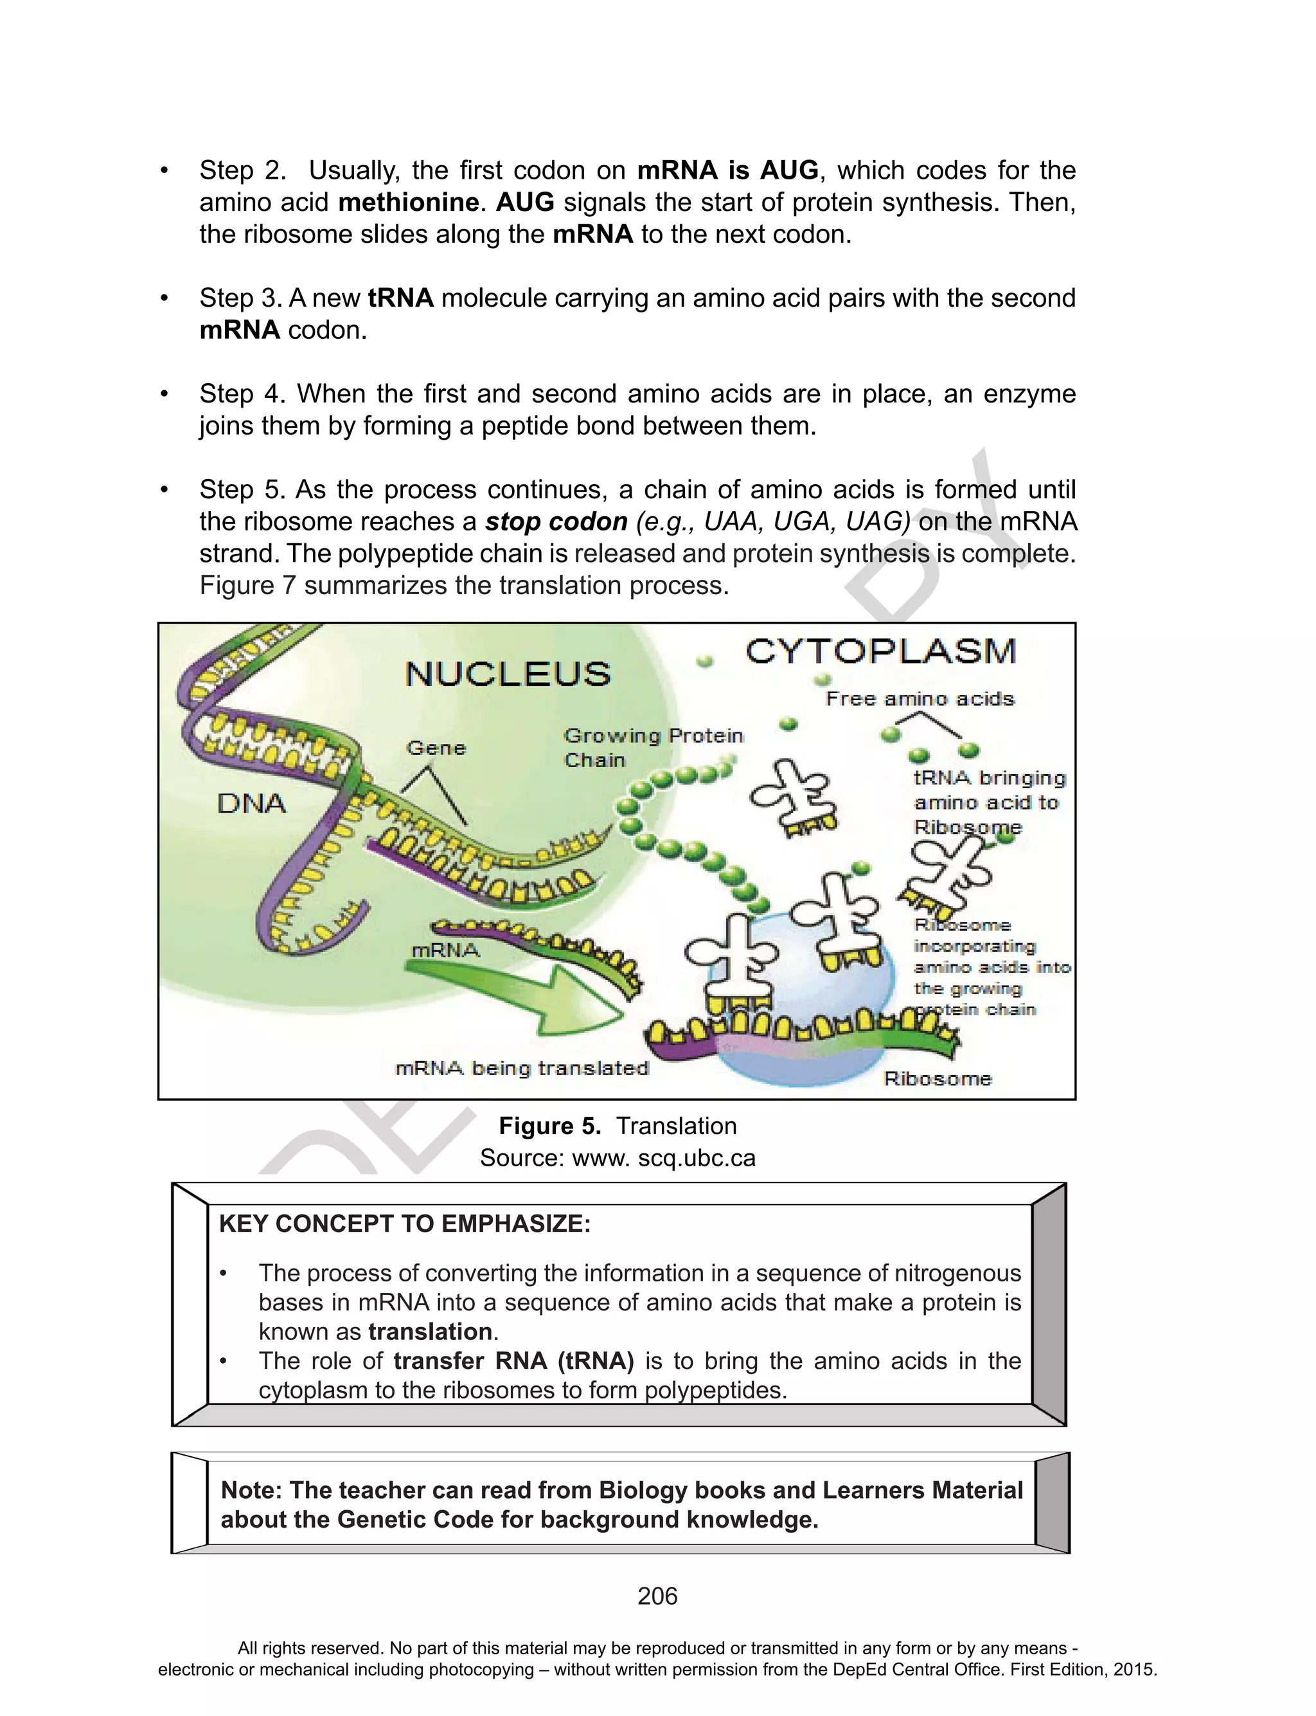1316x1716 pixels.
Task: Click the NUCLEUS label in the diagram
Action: click(508, 674)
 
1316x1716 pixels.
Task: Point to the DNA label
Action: click(251, 804)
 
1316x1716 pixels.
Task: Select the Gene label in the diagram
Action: click(436, 748)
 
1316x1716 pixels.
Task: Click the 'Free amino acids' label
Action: click(920, 699)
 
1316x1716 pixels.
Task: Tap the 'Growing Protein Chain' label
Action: click(652, 748)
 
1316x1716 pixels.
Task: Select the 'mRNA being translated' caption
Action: click(522, 1069)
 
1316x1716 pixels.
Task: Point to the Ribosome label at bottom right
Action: click(938, 1079)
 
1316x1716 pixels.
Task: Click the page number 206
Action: click(657, 1596)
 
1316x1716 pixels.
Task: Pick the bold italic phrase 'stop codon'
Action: click(556, 522)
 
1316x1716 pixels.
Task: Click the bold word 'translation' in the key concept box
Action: click(430, 1332)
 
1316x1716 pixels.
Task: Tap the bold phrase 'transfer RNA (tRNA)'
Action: click(513, 1361)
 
